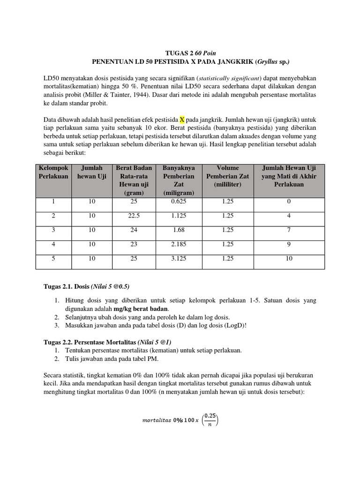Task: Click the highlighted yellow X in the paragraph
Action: click(182, 119)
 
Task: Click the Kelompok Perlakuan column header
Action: click(53, 172)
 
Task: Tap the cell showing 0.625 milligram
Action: click(179, 202)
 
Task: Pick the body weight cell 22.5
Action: click(134, 216)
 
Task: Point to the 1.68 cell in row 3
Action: click(179, 230)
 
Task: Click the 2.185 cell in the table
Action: click(179, 244)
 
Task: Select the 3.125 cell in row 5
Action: click(179, 259)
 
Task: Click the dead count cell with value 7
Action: click(289, 230)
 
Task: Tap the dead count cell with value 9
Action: click(289, 244)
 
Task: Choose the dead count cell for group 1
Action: click(289, 202)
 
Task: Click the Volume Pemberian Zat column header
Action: click(228, 176)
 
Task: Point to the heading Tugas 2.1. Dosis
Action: click(66, 286)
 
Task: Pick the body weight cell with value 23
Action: click(134, 244)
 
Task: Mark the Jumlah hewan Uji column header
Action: click(91, 172)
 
